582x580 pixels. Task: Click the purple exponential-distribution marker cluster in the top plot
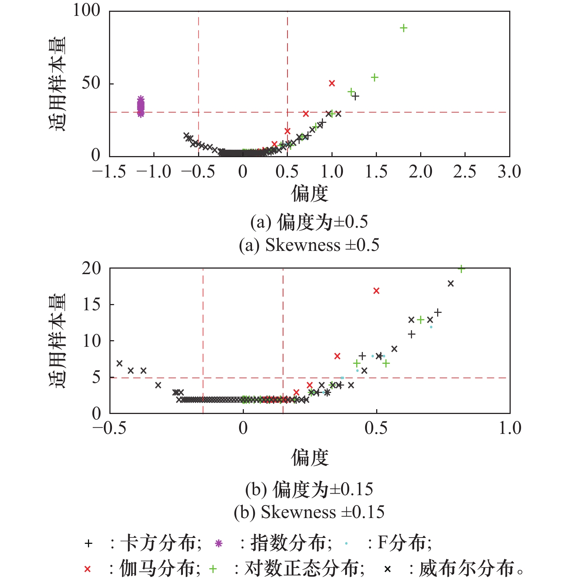[x=141, y=107]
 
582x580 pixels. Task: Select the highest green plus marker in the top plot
[x=404, y=28]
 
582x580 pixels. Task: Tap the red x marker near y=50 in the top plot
[x=332, y=83]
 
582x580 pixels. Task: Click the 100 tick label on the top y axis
[x=86, y=10]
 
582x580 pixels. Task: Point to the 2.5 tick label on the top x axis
[x=464, y=172]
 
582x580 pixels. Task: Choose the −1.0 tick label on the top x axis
[x=154, y=172]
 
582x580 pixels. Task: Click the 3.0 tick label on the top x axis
[x=509, y=172]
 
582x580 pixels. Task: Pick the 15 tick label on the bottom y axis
[x=91, y=305]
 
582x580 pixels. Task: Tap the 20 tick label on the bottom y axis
[x=91, y=269]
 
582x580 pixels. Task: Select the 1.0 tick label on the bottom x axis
[x=510, y=428]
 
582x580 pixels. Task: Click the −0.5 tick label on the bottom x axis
[x=109, y=428]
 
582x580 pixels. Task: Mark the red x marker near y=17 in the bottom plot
[x=376, y=291]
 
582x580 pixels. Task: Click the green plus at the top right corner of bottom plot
[x=461, y=269]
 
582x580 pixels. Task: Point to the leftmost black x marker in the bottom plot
[x=119, y=363]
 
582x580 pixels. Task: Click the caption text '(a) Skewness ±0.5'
[x=309, y=245]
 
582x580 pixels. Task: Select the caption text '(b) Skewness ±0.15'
[x=309, y=512]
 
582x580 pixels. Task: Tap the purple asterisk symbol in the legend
[x=219, y=543]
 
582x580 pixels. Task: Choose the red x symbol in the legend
[x=87, y=569]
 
